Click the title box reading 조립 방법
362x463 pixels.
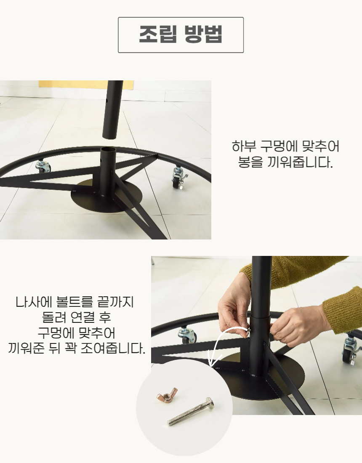coord(181,35)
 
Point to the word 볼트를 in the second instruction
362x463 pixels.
coord(70,302)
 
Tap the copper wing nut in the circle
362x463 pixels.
coord(167,394)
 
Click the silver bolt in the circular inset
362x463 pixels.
coord(191,412)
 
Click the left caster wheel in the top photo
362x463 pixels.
coord(43,166)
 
